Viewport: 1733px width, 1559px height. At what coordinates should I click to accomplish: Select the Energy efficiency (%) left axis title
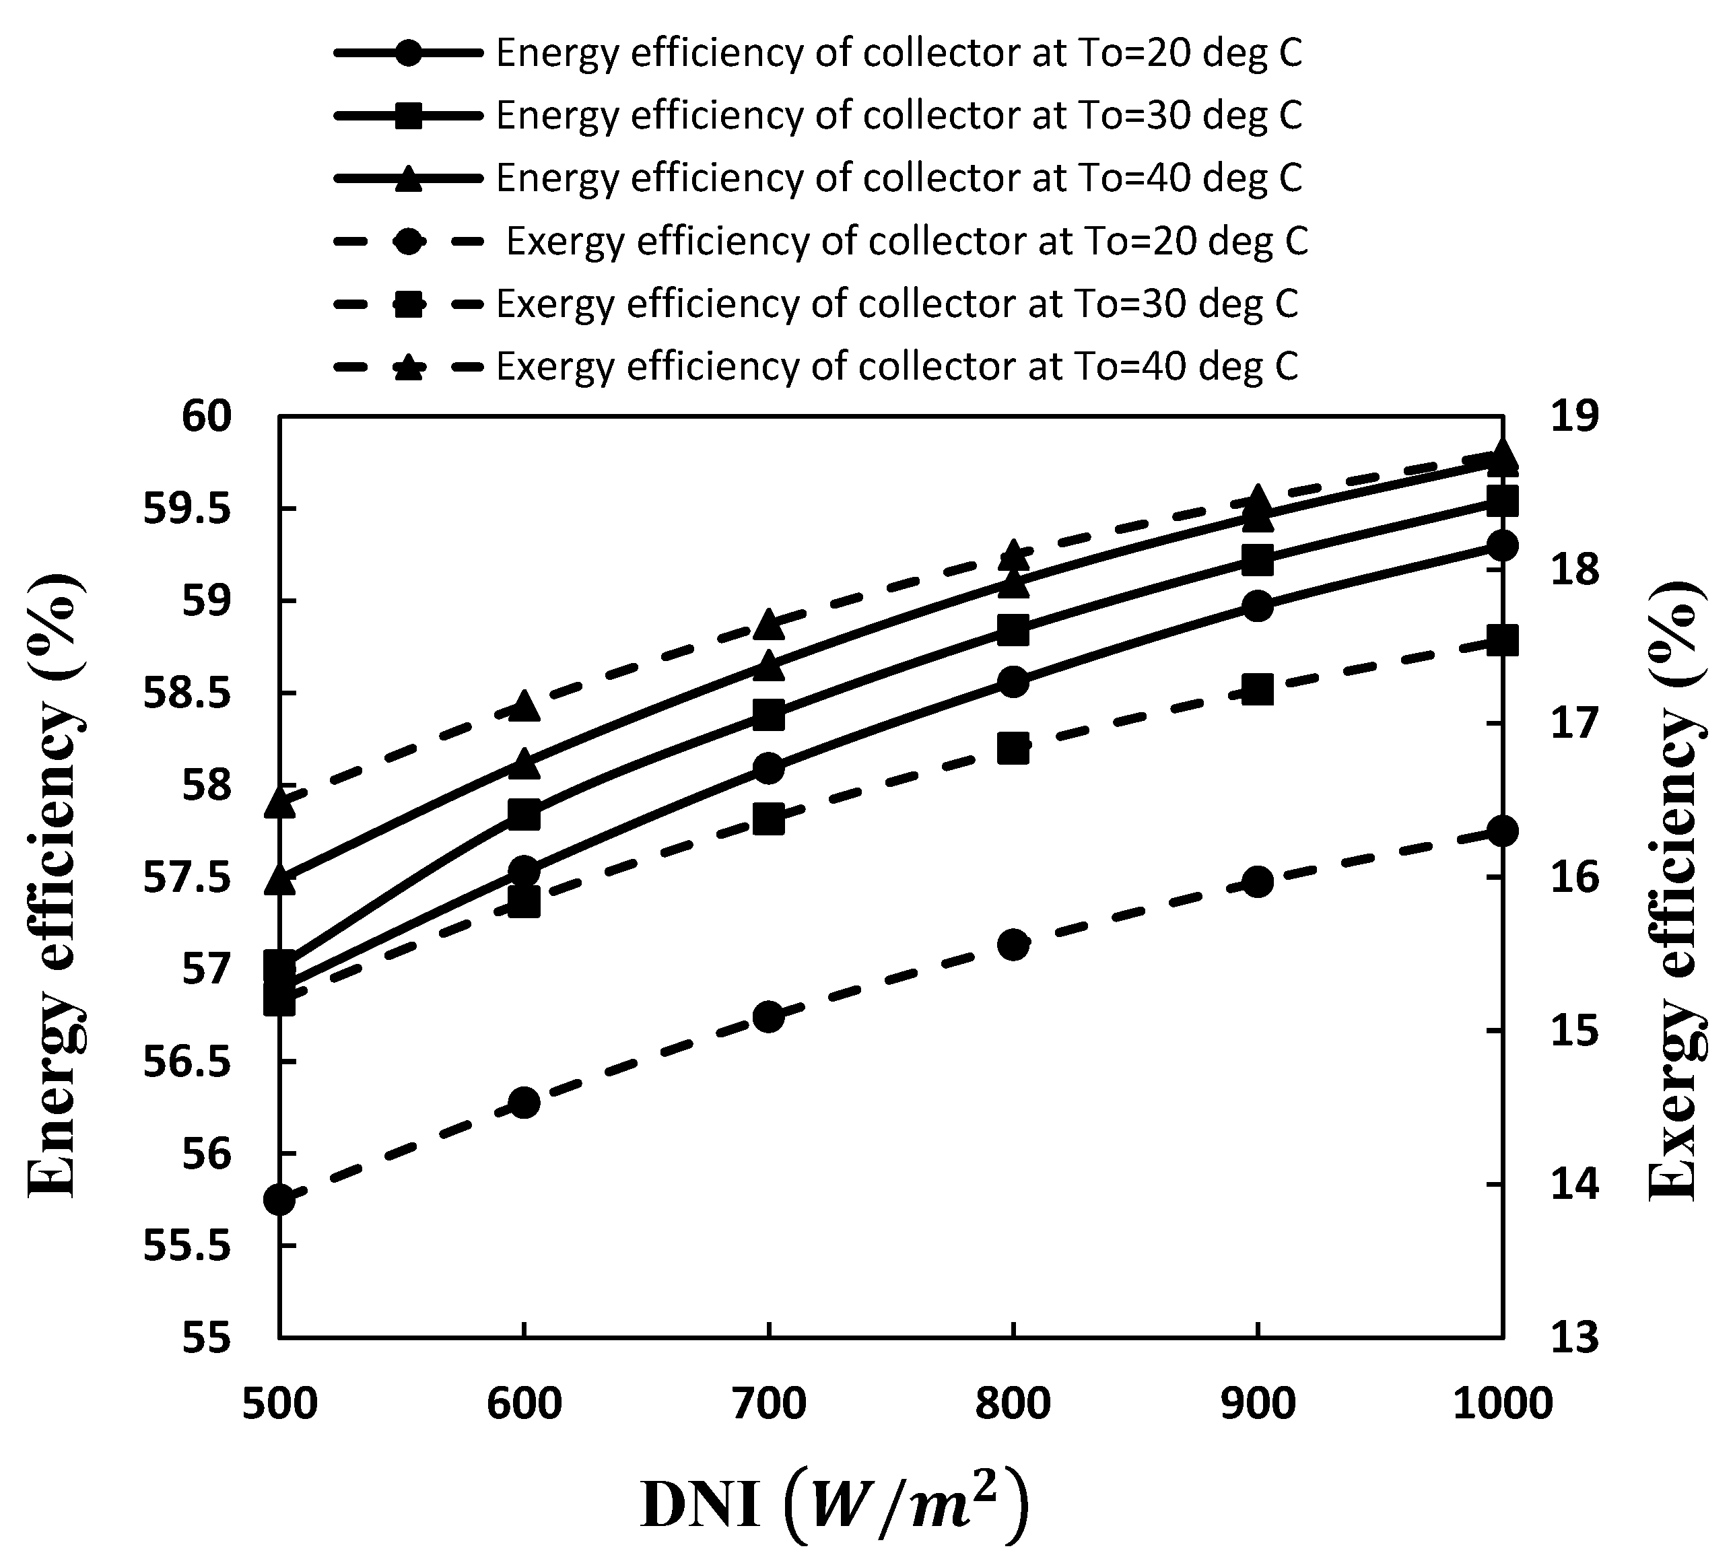[x=57, y=887]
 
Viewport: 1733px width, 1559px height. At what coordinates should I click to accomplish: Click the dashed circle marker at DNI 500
[x=279, y=1200]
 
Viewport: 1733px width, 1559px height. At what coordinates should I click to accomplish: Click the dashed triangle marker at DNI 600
[x=523, y=707]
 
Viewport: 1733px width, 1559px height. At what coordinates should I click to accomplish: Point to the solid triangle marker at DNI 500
[x=279, y=879]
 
